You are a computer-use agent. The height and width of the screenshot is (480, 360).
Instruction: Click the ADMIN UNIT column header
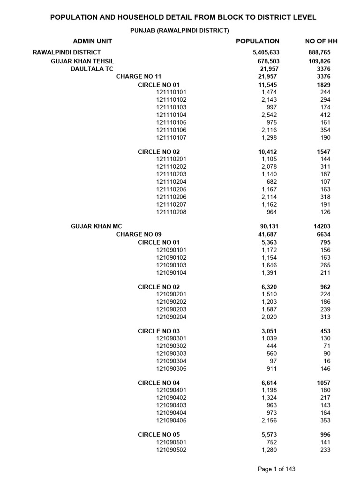[x=92, y=41]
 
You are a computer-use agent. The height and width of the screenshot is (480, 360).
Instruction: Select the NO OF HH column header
[x=321, y=41]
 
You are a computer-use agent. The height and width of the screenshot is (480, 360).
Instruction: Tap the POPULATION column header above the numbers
[x=257, y=41]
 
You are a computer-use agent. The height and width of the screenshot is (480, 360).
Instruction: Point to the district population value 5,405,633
[x=266, y=52]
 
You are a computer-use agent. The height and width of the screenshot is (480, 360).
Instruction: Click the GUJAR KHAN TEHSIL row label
[x=82, y=61]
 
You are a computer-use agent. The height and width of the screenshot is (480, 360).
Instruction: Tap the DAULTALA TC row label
[x=92, y=69]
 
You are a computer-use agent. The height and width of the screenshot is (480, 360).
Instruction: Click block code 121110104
[x=171, y=115]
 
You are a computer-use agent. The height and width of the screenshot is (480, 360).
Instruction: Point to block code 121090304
[x=171, y=361]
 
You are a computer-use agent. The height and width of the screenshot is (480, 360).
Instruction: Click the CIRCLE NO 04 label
[x=158, y=383]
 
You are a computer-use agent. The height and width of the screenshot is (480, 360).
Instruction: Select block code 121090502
[x=171, y=450]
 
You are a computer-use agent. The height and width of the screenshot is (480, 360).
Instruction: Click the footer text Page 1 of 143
[x=277, y=469]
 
